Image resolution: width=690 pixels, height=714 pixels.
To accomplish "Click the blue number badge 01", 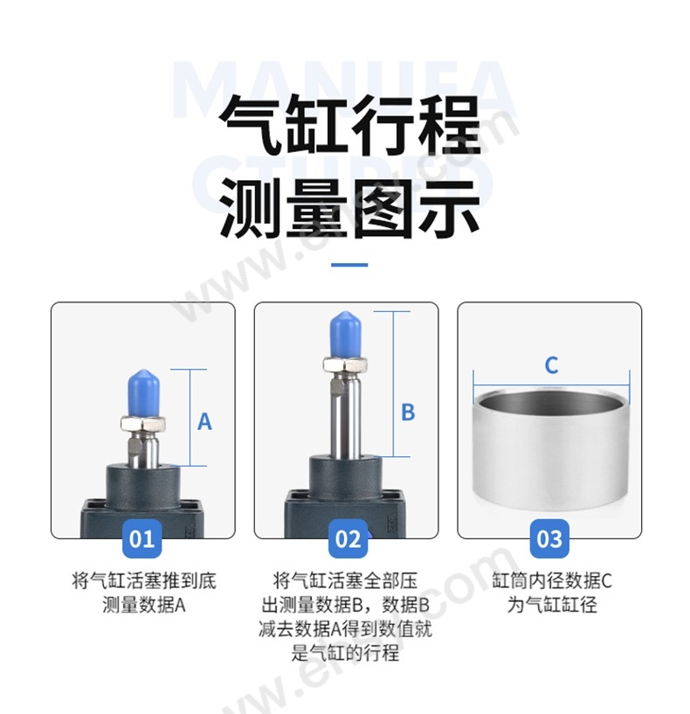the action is (x=142, y=538).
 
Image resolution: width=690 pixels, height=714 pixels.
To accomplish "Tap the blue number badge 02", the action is (x=348, y=538).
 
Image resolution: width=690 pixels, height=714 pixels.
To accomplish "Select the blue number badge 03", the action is (x=549, y=538).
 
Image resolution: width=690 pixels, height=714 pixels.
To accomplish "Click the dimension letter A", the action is (x=204, y=421).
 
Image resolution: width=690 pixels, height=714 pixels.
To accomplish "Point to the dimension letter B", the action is (x=408, y=412).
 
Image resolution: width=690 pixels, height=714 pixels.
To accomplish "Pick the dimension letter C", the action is (x=551, y=365).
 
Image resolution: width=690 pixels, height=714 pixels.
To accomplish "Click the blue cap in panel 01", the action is (x=143, y=393).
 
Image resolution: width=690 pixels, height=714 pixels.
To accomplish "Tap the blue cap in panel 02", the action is (x=346, y=335).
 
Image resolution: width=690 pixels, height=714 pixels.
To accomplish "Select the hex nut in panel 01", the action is (x=143, y=425).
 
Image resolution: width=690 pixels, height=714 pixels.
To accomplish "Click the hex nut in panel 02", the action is (x=345, y=364).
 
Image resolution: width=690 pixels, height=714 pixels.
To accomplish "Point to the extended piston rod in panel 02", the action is (x=346, y=414).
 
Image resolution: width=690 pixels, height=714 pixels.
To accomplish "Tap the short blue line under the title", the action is (x=349, y=265).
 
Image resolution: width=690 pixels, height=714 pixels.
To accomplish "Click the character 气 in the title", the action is (x=252, y=125).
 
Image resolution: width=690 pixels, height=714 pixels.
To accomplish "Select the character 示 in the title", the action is (x=448, y=208).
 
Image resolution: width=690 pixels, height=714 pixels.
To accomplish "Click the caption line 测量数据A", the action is (x=144, y=605).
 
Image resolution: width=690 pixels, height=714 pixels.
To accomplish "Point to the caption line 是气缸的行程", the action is (x=346, y=654).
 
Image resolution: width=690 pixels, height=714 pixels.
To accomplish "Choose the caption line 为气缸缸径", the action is (x=552, y=605).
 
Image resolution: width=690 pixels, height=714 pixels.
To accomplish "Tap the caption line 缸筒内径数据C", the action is (x=552, y=581).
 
